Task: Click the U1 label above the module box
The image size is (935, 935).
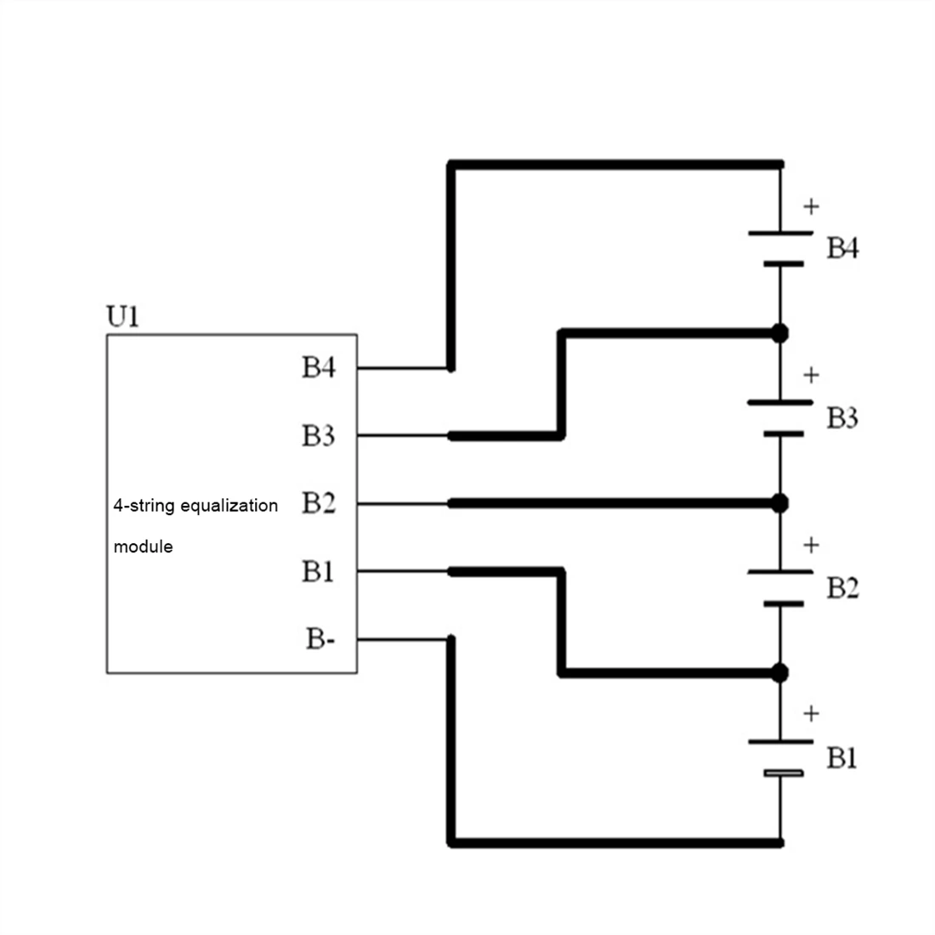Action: pos(122,317)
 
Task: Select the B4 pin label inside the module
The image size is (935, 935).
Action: pos(319,368)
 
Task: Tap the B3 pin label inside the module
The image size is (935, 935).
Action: pos(319,436)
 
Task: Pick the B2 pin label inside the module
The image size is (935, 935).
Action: pos(319,503)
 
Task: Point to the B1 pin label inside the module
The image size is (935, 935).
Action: pos(318,571)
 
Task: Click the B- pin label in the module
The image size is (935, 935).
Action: pos(320,639)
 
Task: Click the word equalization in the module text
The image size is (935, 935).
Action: pos(229,506)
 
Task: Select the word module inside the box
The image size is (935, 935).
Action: pos(143,547)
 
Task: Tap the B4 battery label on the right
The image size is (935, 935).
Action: pos(842,249)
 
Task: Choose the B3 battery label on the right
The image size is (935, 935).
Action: pos(842,418)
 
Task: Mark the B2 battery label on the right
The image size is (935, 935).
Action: pos(842,588)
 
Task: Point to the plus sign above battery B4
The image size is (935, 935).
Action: pos(812,206)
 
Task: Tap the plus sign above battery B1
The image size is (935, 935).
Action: pos(812,714)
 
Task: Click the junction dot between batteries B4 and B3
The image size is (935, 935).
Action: pos(779,333)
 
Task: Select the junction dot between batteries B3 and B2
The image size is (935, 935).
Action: pos(779,503)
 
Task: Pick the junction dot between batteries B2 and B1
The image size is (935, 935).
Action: pos(779,673)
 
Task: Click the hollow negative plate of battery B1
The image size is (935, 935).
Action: pos(782,773)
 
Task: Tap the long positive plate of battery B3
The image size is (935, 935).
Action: pos(780,402)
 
